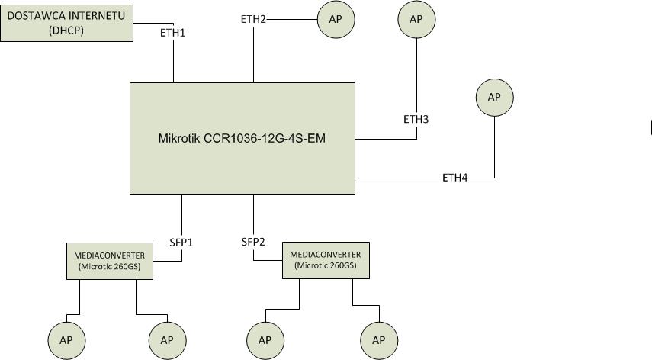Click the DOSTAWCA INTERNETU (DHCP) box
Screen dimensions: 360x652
(x=66, y=21)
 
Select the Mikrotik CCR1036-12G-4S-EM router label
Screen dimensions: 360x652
(x=242, y=139)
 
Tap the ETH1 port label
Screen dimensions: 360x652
(x=172, y=34)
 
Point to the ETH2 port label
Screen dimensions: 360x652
(x=253, y=19)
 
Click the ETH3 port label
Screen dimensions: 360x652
(x=416, y=119)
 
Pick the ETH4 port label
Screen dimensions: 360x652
(x=455, y=178)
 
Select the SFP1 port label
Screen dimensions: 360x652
(x=181, y=243)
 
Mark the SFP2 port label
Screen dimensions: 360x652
(x=253, y=242)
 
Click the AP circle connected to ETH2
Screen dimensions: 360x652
(x=336, y=19)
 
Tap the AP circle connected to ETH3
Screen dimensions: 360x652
(x=416, y=19)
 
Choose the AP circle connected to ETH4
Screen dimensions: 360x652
(x=494, y=97)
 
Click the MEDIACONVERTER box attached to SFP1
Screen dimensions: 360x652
(x=110, y=261)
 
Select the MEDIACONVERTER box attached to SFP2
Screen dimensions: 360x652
(x=325, y=260)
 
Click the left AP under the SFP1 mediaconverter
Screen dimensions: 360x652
(x=66, y=340)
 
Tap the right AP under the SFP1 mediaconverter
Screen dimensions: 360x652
(x=167, y=340)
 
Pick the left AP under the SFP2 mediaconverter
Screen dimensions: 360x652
(x=265, y=340)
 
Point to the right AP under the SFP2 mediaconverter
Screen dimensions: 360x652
(x=378, y=340)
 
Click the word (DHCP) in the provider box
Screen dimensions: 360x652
(x=66, y=31)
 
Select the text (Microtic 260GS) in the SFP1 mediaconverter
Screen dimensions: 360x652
(x=110, y=266)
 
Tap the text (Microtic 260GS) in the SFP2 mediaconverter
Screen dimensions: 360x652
(x=325, y=265)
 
